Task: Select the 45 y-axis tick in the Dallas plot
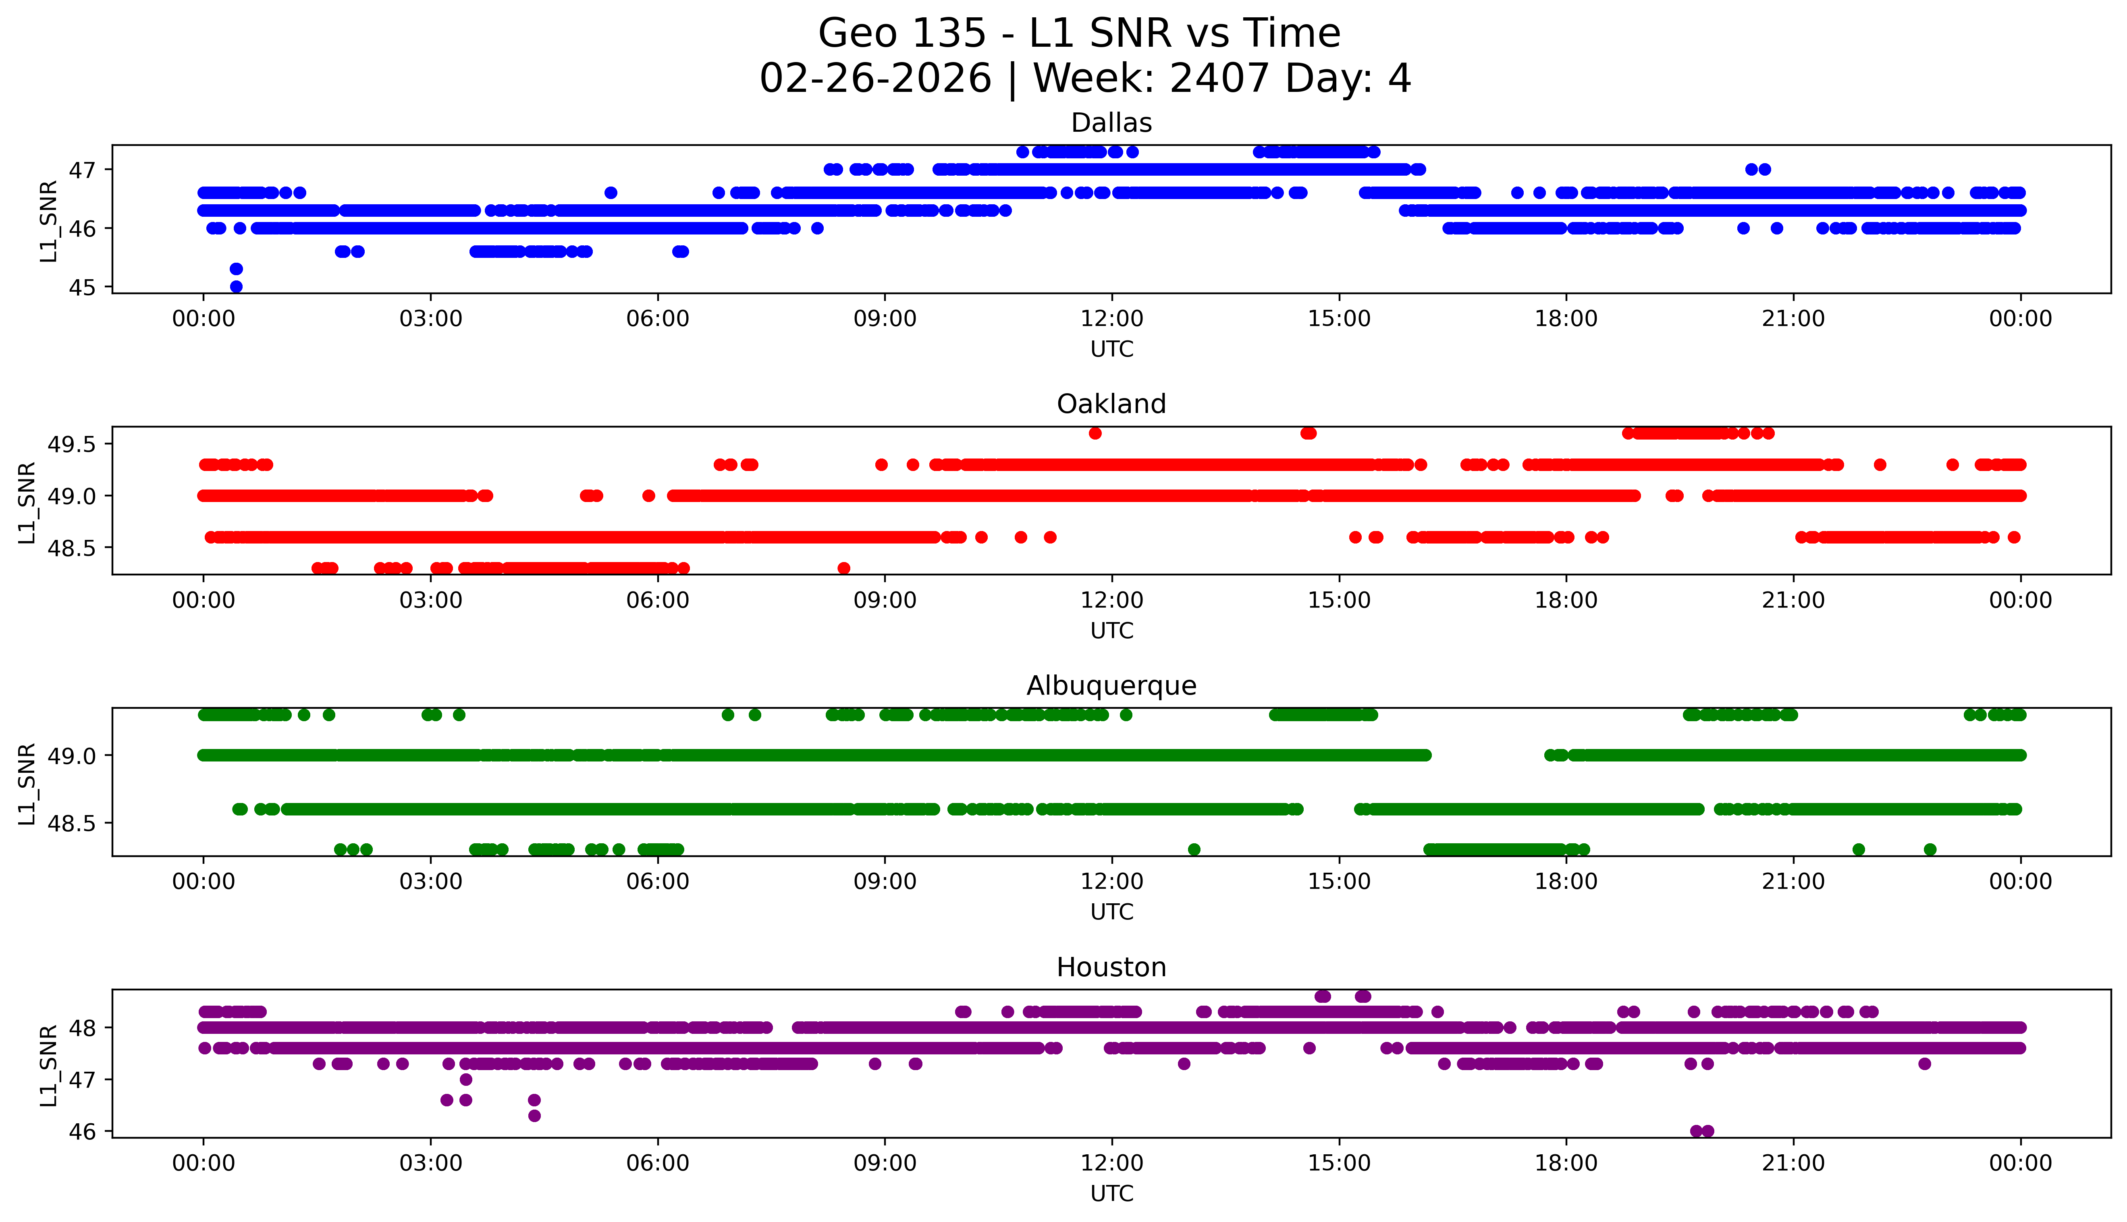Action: tap(82, 287)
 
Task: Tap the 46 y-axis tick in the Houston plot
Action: tap(82, 1131)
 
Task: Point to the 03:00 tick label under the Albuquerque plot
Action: tap(431, 882)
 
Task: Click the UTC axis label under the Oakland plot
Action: tap(1111, 630)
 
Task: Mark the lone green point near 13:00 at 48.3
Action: tap(1194, 849)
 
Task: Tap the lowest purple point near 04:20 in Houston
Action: tap(534, 1115)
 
